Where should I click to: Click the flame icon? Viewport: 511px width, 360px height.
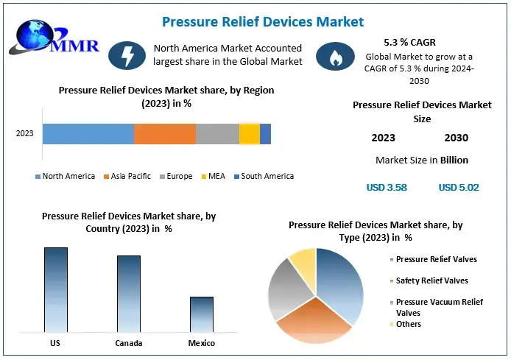point(330,55)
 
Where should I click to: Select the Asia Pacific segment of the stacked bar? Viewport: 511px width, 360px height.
point(164,133)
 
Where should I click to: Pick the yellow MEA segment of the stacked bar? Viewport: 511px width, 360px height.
point(249,133)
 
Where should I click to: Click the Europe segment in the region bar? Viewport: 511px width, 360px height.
point(217,133)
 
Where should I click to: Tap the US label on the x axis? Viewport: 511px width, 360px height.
point(55,343)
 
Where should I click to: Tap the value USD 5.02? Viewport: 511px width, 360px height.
point(459,187)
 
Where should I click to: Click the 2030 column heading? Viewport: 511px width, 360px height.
point(457,138)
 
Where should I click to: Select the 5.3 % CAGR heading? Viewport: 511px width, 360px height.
point(409,43)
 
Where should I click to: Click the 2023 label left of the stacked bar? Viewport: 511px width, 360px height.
point(25,133)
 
